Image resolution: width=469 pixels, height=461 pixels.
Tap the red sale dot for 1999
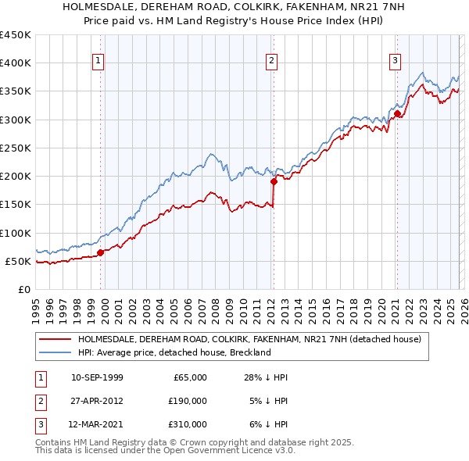101,252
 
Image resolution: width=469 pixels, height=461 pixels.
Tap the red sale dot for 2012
274,181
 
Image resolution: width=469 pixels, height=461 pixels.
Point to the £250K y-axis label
16,148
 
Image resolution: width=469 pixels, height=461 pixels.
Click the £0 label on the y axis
23,289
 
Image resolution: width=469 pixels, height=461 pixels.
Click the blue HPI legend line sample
55,352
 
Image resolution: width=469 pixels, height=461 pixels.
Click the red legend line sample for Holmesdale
55,339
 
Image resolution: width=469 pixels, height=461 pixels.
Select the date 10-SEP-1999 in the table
97,377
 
